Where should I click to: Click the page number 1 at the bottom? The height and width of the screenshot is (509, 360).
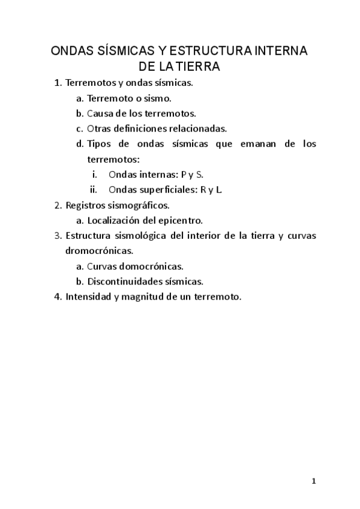pos(314,481)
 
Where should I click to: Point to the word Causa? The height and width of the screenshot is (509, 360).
pos(100,112)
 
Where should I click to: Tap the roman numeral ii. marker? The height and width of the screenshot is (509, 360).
pos(94,190)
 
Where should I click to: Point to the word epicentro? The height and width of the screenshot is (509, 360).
pos(183,220)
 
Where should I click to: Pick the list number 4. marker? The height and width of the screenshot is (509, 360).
pos(58,297)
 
